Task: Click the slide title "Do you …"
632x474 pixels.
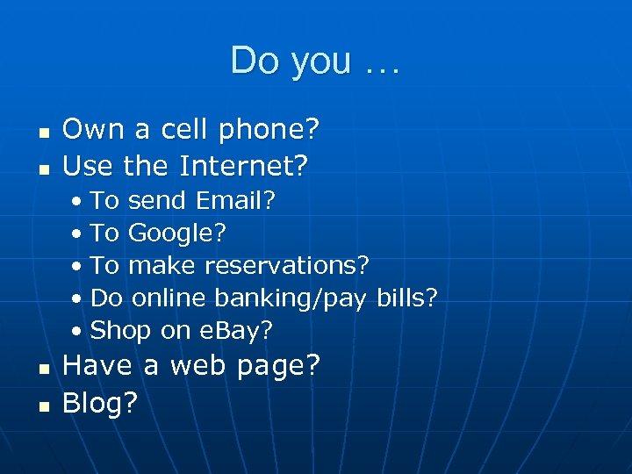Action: [x=314, y=61]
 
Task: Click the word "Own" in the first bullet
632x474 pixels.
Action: [x=93, y=131]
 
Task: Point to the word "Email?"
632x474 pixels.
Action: [x=236, y=201]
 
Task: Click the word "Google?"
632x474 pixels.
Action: [x=177, y=233]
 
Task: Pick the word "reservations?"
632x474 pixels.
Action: [x=287, y=265]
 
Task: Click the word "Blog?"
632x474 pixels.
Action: [x=100, y=403]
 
